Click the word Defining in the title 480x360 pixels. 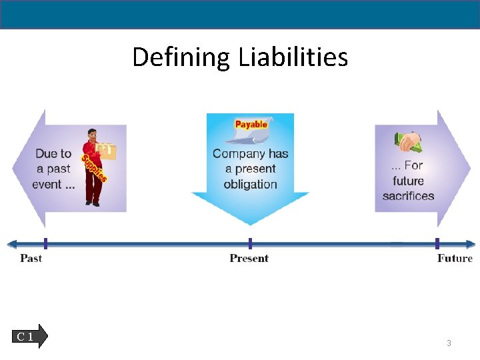tap(181, 58)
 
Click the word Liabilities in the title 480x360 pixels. tap(292, 57)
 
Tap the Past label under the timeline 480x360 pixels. tap(31, 258)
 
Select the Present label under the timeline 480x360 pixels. tap(249, 258)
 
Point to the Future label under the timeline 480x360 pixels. tap(455, 258)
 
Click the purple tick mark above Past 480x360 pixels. tap(45, 243)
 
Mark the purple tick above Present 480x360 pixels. tap(250, 243)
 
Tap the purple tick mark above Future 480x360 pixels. tap(437, 243)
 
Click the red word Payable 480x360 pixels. tap(251, 125)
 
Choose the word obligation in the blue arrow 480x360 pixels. tap(250, 185)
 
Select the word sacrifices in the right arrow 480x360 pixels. tap(408, 196)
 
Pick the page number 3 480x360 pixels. tap(449, 343)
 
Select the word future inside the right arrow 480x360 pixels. tap(408, 181)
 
